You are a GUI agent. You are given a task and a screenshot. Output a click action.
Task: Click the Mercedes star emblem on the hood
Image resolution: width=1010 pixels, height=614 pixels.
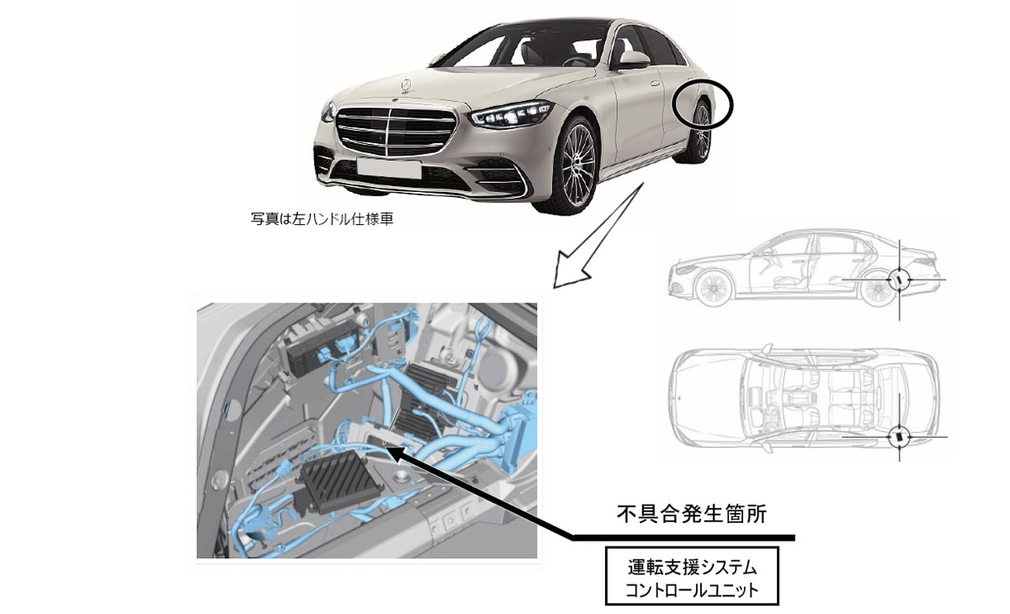pos(407,86)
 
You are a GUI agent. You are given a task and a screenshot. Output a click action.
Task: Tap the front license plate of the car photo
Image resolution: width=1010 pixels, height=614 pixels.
pos(389,168)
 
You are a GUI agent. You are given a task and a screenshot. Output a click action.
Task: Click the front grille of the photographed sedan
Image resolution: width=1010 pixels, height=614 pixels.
pos(395,131)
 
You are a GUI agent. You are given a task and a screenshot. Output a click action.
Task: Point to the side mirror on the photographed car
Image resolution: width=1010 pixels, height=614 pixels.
pos(633,60)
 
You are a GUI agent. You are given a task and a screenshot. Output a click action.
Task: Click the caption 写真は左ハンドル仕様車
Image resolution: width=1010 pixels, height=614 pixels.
pos(322,219)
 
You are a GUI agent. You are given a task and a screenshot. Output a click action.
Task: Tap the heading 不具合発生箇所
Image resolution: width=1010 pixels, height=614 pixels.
pos(691,514)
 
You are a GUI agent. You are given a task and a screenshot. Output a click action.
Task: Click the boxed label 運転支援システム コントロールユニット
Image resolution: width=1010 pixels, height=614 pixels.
pos(692,575)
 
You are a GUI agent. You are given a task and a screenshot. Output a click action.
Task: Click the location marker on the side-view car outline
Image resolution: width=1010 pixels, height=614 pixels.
pos(899,280)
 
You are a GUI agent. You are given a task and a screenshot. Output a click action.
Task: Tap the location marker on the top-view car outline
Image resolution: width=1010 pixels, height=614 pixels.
pos(900,436)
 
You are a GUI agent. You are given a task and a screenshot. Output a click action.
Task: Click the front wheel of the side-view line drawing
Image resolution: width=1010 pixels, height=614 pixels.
pos(714,287)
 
